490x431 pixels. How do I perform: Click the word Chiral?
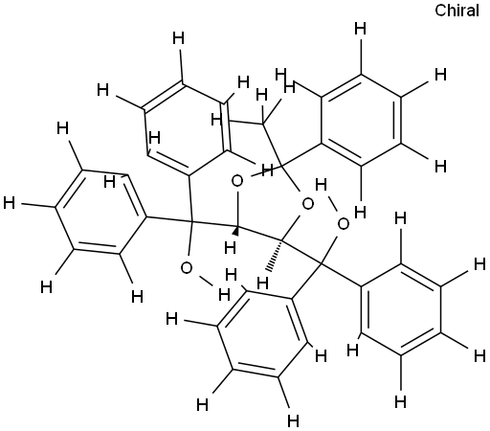[457, 11]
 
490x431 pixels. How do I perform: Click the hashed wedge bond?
[276, 255]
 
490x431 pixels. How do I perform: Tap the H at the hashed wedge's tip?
[262, 283]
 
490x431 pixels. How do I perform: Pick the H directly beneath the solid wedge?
[230, 247]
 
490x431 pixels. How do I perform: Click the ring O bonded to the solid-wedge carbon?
[237, 182]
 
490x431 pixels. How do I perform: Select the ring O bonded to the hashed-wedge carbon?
[307, 204]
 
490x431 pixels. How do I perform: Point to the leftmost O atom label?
[187, 268]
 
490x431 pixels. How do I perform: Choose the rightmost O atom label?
[344, 224]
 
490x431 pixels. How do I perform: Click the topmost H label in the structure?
[361, 30]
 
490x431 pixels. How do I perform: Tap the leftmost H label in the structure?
[10, 203]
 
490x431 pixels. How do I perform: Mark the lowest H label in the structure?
[293, 420]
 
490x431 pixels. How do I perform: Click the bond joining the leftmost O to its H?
[204, 281]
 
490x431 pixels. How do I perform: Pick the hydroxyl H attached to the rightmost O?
[321, 185]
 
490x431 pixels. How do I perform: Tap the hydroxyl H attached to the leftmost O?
[224, 294]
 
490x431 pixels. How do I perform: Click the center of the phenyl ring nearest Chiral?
[361, 121]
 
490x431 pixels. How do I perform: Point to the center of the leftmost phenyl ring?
[101, 212]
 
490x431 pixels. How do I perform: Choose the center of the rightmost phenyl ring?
[401, 309]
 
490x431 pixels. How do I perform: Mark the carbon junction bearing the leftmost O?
[192, 220]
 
